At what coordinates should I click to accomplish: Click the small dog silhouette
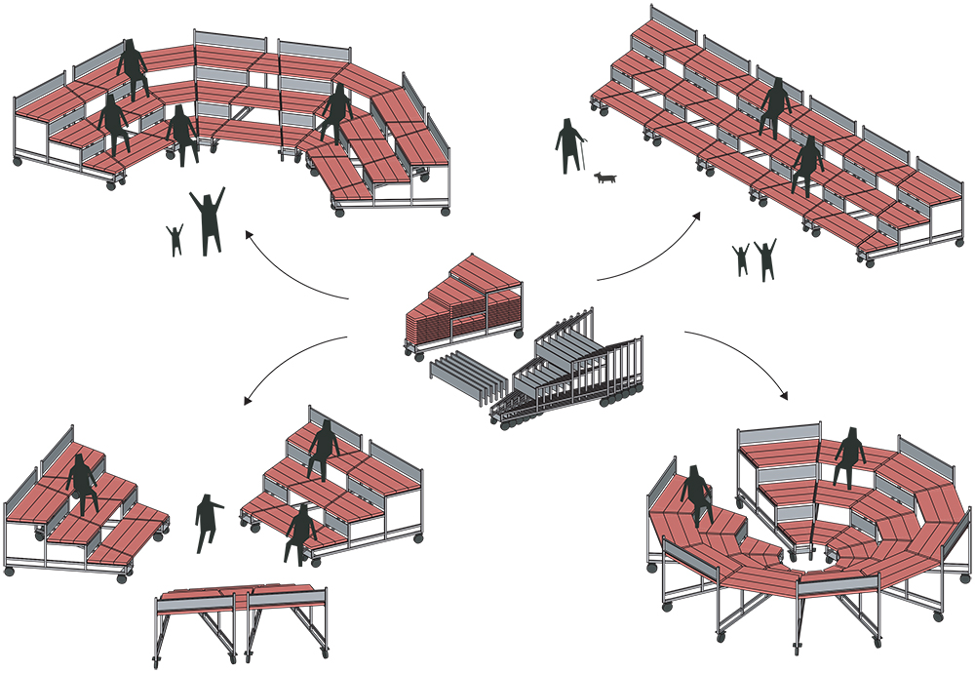[605, 178]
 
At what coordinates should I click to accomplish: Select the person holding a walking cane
[568, 147]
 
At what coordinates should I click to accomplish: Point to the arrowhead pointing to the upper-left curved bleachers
[248, 233]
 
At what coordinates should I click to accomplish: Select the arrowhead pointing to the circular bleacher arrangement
[786, 398]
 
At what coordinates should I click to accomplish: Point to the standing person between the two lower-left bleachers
[208, 523]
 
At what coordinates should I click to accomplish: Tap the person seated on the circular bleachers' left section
[698, 493]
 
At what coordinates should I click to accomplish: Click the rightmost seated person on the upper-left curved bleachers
[336, 113]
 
